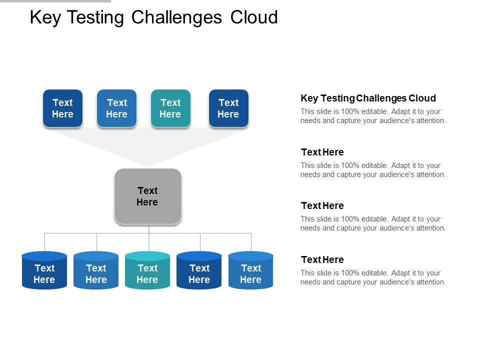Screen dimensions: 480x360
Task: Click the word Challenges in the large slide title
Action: point(176,18)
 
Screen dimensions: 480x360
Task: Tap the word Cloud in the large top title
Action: point(254,17)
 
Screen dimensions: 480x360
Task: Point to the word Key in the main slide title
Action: point(45,18)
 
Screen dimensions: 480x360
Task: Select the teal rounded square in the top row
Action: point(170,108)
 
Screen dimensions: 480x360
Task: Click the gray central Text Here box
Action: point(148,196)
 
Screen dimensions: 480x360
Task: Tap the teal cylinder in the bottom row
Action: point(147,270)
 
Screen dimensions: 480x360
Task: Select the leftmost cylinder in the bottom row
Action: point(44,270)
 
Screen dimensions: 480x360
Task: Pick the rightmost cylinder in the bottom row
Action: point(250,270)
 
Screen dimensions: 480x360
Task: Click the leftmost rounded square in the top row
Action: point(63,108)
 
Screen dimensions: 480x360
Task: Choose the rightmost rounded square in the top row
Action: point(228,108)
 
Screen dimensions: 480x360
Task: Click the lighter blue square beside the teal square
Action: point(116,108)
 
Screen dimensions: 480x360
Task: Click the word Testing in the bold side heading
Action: point(337,98)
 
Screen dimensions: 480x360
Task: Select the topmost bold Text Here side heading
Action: point(322,152)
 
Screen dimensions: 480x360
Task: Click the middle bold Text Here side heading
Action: point(322,205)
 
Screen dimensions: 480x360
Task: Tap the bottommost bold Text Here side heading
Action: point(322,259)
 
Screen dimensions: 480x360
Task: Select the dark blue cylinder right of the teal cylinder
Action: point(199,270)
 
